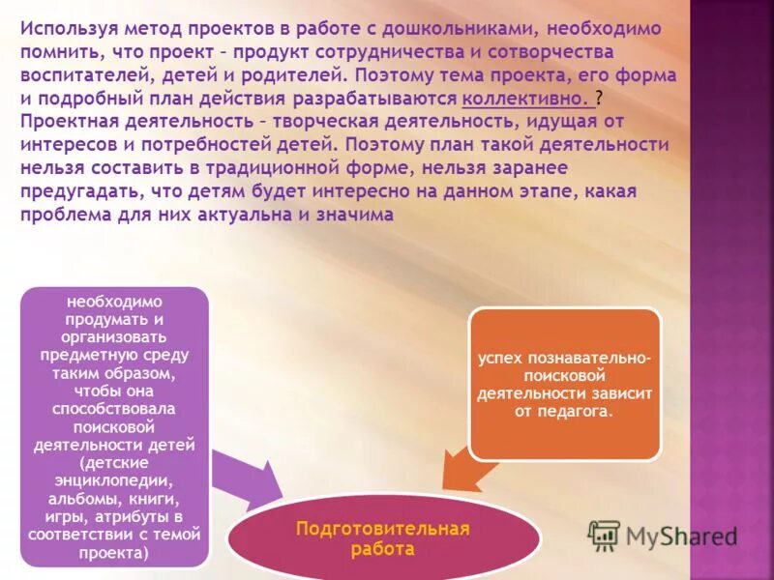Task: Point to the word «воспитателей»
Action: (x=75, y=74)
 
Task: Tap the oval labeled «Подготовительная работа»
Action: (x=383, y=538)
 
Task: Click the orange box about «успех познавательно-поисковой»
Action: (x=564, y=384)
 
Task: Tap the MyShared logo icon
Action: (x=605, y=534)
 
